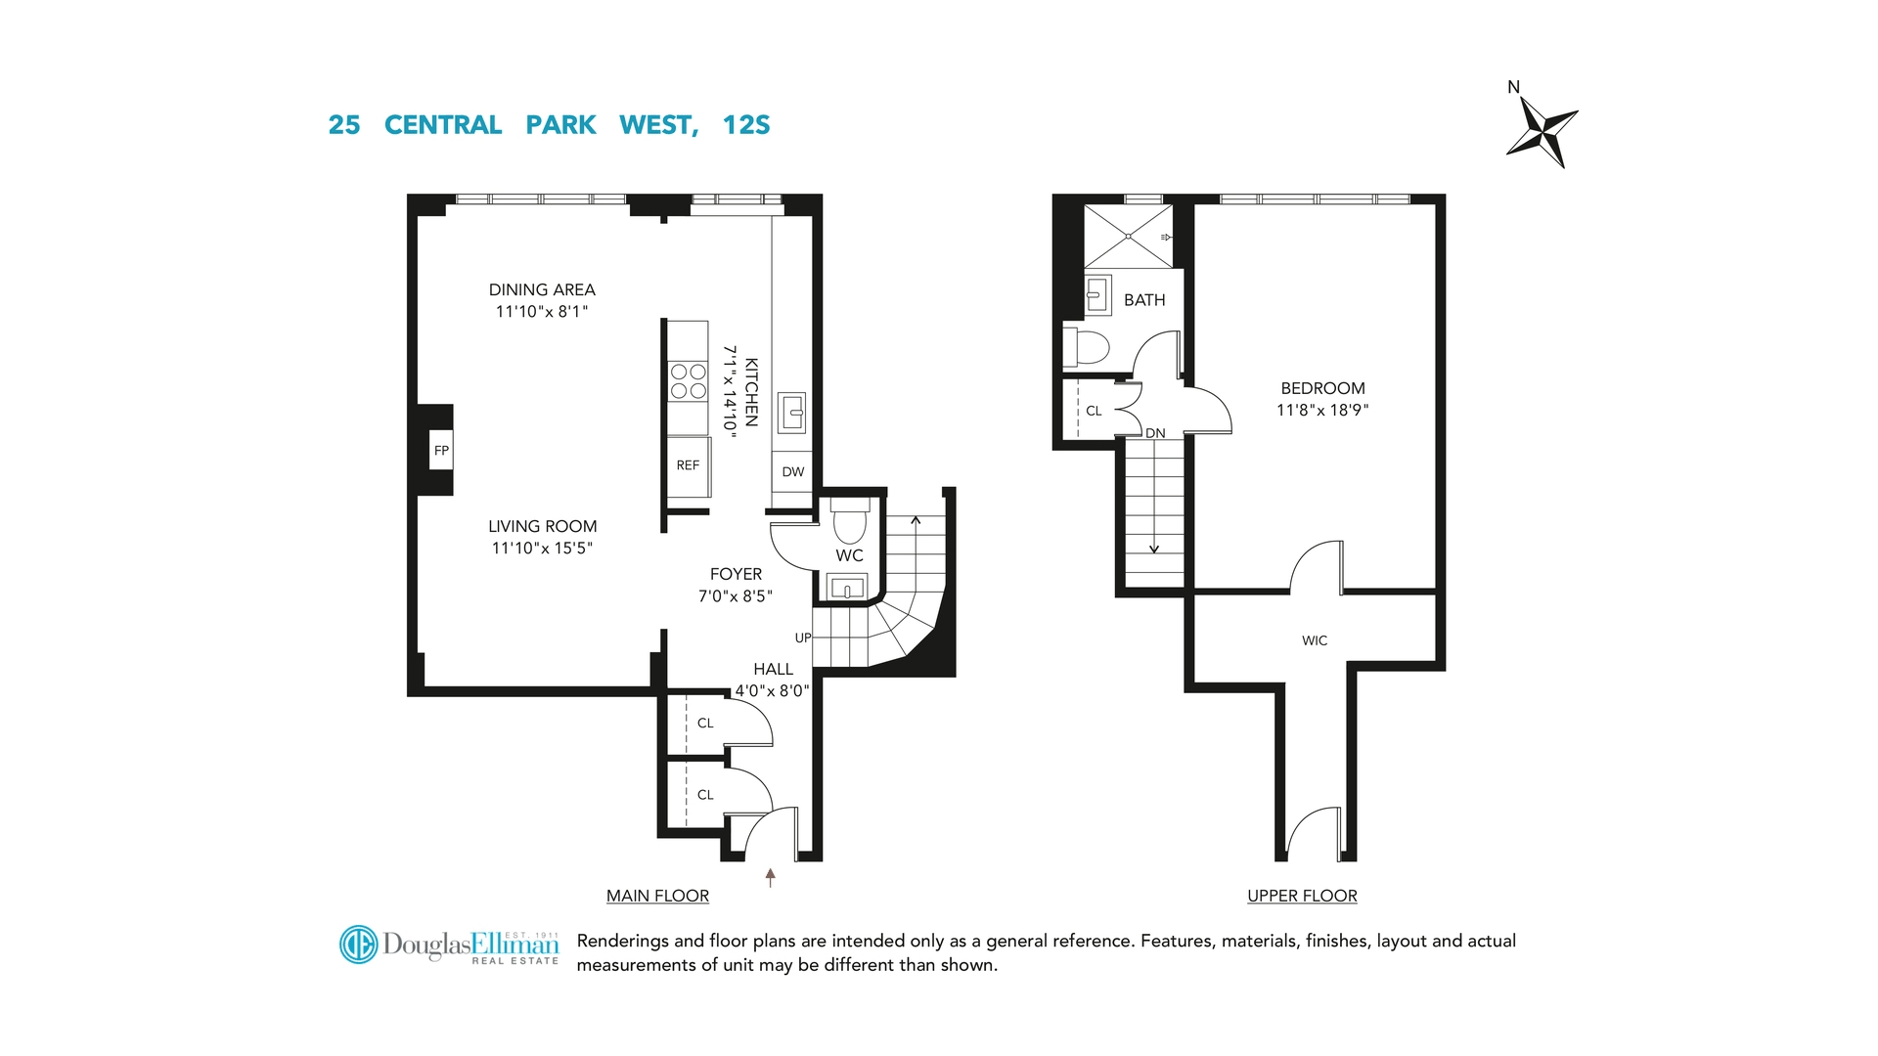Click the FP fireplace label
click(x=441, y=451)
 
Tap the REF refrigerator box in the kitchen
click(x=689, y=466)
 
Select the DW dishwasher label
click(x=793, y=472)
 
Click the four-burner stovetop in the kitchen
click(x=689, y=381)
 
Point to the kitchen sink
click(x=791, y=413)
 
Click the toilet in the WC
click(x=850, y=520)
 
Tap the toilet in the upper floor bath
click(x=1087, y=347)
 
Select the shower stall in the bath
click(x=1129, y=236)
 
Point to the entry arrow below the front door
click(x=771, y=877)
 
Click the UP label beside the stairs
click(x=803, y=638)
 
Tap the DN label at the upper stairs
click(x=1155, y=433)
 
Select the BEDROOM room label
click(x=1322, y=388)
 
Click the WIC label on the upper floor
click(x=1315, y=640)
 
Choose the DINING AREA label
click(x=542, y=289)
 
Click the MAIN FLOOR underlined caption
click(x=657, y=896)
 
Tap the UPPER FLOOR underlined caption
click(x=1302, y=896)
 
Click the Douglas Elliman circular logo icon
click(x=358, y=945)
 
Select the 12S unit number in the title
click(x=746, y=125)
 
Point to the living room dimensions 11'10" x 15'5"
click(x=542, y=549)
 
